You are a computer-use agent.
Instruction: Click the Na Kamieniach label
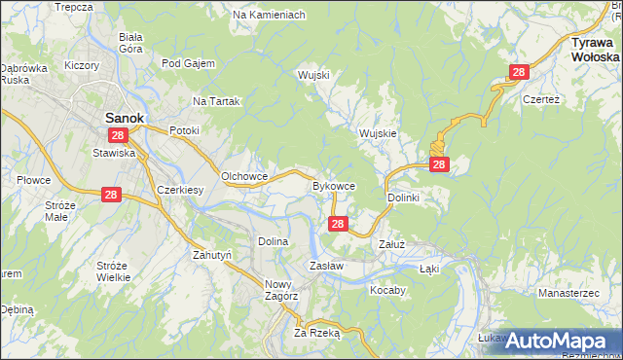[270, 16]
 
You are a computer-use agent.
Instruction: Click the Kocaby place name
[386, 290]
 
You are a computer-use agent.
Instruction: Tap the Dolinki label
[403, 198]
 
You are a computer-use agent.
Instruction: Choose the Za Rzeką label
[317, 332]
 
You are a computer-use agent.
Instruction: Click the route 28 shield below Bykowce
[337, 224]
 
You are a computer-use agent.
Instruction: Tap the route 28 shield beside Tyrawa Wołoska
[519, 72]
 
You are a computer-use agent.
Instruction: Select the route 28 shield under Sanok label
[118, 135]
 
